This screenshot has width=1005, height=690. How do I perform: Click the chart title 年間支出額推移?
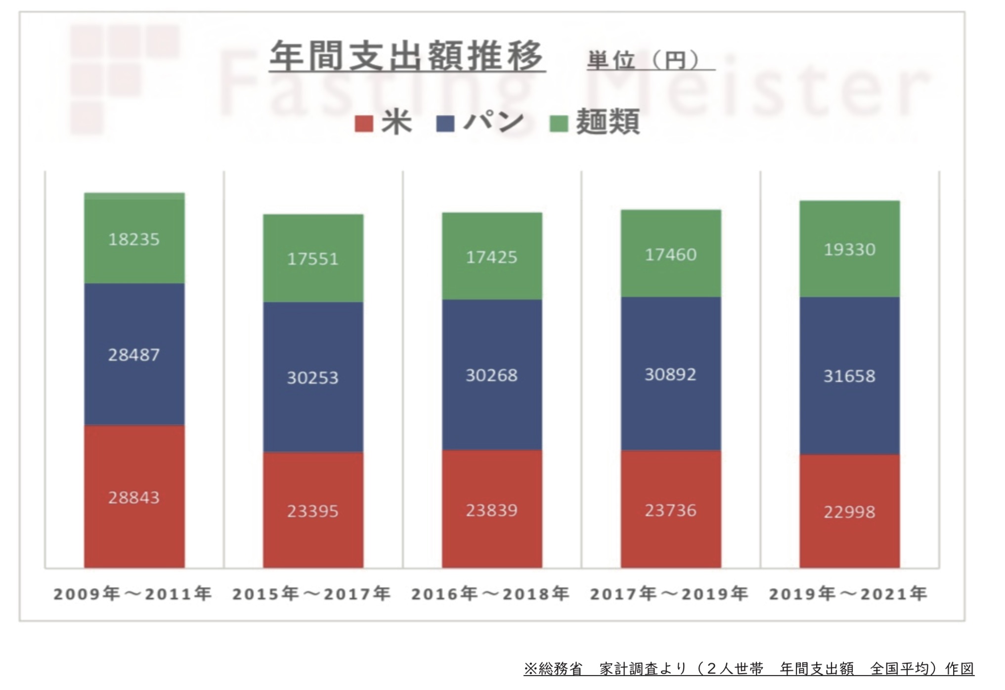click(x=407, y=57)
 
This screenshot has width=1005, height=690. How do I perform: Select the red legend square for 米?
click(x=363, y=123)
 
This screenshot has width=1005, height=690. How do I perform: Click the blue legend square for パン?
click(x=445, y=123)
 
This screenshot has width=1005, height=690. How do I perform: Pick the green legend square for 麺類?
click(x=559, y=123)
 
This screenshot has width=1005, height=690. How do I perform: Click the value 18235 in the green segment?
click(x=134, y=240)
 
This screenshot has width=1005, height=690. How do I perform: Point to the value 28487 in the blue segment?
click(x=134, y=355)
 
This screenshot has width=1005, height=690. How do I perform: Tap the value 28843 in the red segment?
click(x=134, y=498)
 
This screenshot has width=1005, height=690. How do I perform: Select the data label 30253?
click(x=313, y=378)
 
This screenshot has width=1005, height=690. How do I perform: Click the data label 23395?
click(x=313, y=511)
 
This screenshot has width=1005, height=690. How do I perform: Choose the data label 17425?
click(x=492, y=257)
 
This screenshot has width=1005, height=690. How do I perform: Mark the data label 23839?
click(x=492, y=511)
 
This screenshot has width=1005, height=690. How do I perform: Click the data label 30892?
click(x=671, y=375)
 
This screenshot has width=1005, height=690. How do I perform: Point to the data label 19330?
click(x=850, y=250)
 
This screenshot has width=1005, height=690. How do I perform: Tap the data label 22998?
click(x=850, y=512)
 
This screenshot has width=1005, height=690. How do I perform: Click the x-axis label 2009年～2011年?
click(x=132, y=594)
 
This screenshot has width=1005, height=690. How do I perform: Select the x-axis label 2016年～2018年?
click(x=490, y=594)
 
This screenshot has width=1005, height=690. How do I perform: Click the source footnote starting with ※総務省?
click(x=748, y=669)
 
